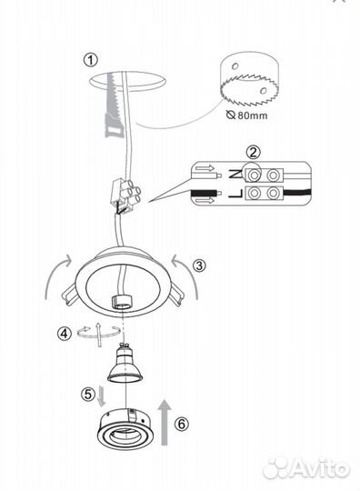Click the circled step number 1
coord(91,59)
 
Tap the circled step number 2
coord(253,152)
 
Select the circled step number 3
coord(199,266)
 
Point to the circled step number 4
coord(65,334)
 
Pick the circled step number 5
coord(88,394)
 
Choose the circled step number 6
coord(182,424)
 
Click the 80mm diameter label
coord(247,115)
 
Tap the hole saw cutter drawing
coord(249,81)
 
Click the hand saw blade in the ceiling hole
coord(112,105)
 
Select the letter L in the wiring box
coord(235,194)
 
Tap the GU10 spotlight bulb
coord(125,365)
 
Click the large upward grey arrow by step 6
coord(165,422)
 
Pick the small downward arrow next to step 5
coord(101,396)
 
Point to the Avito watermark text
coord(306,469)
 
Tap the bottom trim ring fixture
coord(125,429)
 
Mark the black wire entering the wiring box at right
coord(296,192)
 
